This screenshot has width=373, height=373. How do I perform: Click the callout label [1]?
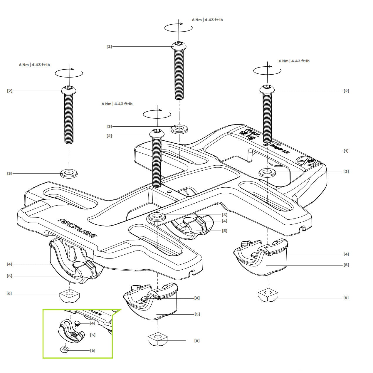click(x=346, y=151)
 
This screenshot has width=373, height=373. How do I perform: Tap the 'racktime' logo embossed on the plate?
click(x=78, y=228)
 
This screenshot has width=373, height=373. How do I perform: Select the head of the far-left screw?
click(x=69, y=89)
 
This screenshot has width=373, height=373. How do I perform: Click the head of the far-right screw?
click(x=267, y=88)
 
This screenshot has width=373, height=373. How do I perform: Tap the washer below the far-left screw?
click(x=69, y=173)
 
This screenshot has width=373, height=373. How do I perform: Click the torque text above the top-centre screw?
click(x=207, y=20)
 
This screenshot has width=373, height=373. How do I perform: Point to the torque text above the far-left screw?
click(x=34, y=65)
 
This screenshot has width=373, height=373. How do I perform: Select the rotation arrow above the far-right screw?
click(x=267, y=70)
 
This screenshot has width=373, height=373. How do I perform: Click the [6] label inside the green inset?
click(x=93, y=350)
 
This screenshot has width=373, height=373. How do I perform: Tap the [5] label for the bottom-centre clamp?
click(x=197, y=314)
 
